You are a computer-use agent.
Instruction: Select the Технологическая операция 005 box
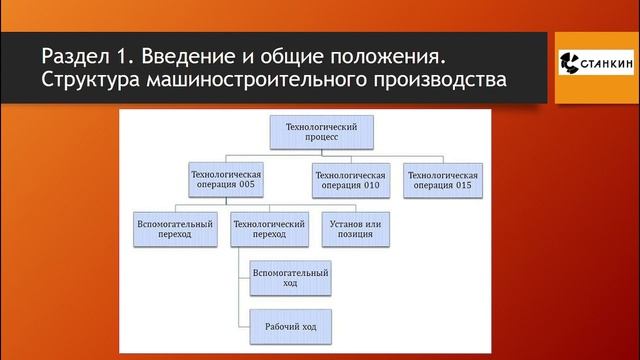click(225, 180)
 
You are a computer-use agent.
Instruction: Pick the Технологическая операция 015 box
click(441, 180)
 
